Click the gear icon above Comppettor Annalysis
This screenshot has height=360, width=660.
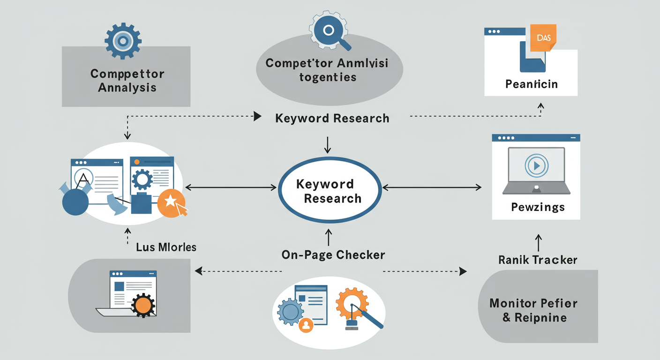point(123,41)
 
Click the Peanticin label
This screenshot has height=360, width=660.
point(531,84)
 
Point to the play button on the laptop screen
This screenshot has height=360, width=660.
point(536,165)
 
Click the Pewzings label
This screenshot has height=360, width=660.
point(538,207)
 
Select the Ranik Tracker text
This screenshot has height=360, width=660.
point(538,260)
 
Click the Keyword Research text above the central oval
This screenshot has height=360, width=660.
point(332,118)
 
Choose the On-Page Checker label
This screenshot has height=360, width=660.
point(333,255)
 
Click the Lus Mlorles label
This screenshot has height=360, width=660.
point(166,247)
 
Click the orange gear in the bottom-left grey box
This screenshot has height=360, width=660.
point(142,305)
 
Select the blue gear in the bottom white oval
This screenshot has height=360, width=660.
point(290,309)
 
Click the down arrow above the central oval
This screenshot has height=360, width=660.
point(328,144)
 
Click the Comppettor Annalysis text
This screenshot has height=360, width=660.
point(127,81)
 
